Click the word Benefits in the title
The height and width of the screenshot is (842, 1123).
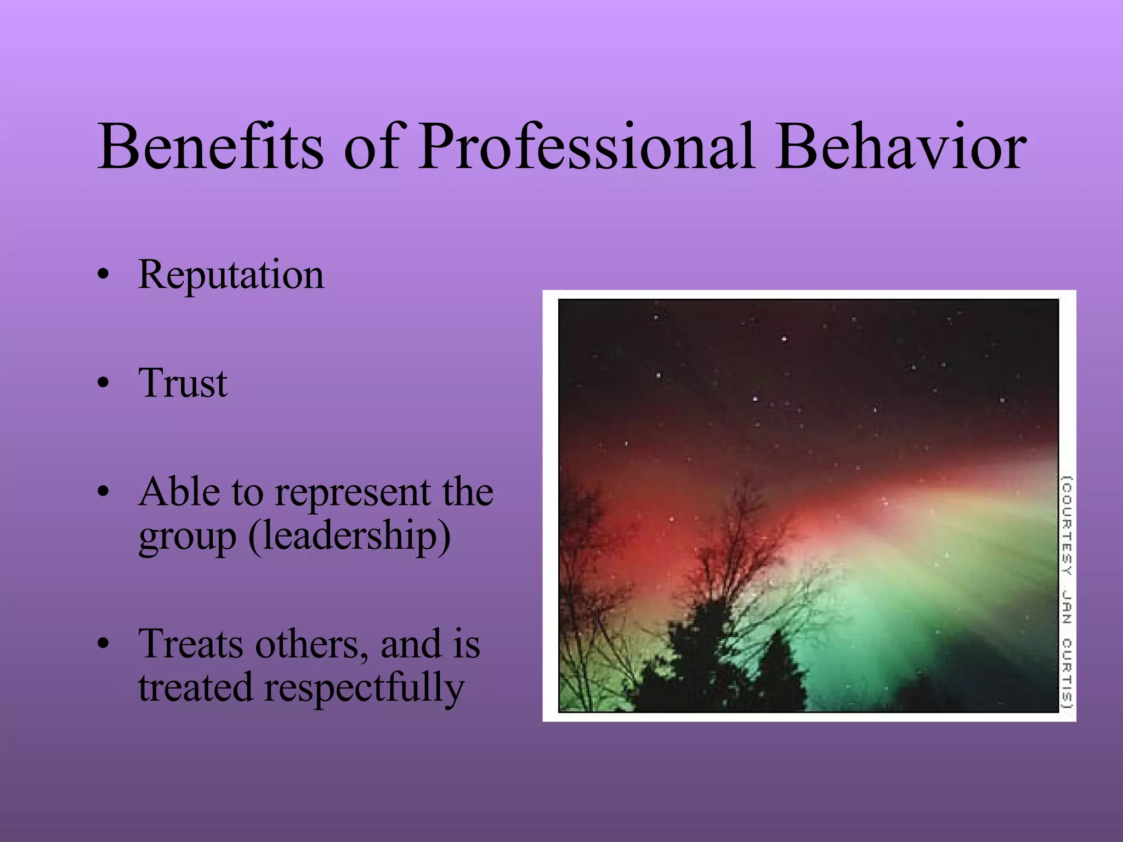[211, 147]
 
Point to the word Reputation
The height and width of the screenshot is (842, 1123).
[231, 275]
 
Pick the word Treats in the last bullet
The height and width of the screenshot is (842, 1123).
[190, 644]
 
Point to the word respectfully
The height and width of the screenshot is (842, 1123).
[364, 689]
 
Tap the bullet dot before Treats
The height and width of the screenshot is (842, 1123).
[102, 645]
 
